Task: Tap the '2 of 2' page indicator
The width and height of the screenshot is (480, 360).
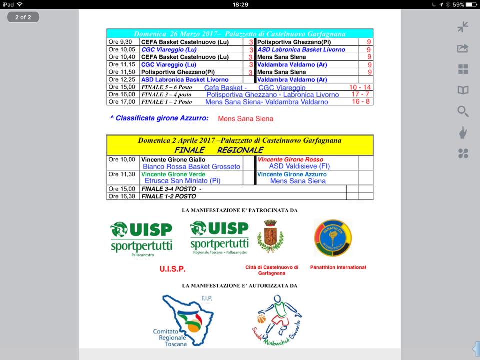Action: [23, 17]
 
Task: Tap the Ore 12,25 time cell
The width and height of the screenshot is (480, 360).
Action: [122, 80]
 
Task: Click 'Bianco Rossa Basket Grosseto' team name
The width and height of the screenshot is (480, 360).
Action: [191, 167]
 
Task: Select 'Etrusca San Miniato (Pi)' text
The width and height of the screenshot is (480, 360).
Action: [182, 181]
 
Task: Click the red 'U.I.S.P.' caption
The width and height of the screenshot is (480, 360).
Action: [173, 269]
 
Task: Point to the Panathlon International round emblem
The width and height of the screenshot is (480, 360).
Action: [333, 238]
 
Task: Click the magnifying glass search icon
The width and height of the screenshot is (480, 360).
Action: [463, 111]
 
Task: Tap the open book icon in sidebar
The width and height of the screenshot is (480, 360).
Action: [463, 90]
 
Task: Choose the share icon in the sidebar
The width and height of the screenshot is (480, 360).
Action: [463, 48]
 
